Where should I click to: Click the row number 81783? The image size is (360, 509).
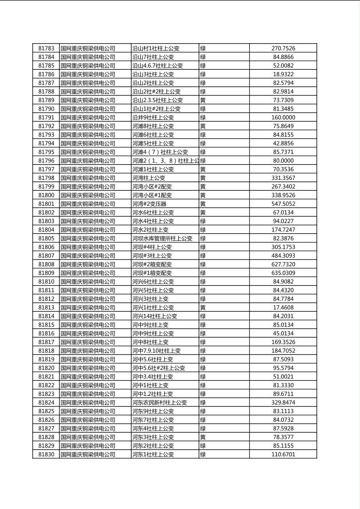pos(46,48)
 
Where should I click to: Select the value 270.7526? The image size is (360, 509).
pos(283,48)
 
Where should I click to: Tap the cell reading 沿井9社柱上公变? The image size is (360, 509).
pos(153,117)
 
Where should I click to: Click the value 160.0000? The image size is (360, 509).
pos(283,117)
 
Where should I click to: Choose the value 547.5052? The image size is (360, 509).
pos(283,204)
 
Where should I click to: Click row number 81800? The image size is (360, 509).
pos(46,195)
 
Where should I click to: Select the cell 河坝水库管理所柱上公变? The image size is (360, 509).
pos(162,238)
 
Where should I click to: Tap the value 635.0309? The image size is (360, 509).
pos(283,273)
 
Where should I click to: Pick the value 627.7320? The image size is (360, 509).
pos(283,265)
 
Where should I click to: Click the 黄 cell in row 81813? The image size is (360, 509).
pos(203,308)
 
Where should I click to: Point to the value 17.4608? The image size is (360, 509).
pos(283,308)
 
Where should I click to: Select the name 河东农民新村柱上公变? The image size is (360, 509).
pos(159,403)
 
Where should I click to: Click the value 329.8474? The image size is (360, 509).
pos(283,403)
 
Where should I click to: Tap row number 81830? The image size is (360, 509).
pos(46,455)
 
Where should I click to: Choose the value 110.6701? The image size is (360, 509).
pos(283,455)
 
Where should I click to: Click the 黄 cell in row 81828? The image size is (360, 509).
pos(203,437)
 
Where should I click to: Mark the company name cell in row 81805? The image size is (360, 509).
pos(88,238)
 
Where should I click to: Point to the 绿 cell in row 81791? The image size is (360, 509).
pos(203,117)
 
